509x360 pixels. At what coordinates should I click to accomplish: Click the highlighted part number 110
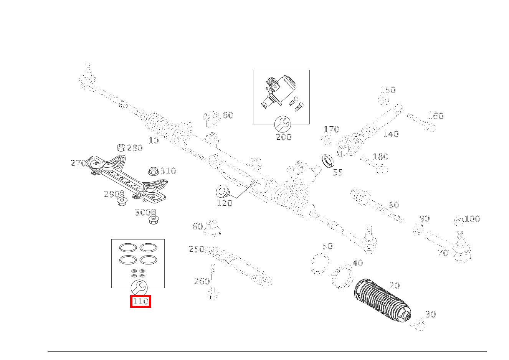[140, 302]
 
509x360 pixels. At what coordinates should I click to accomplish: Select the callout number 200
[284, 137]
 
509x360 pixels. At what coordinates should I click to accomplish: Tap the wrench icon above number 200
[283, 124]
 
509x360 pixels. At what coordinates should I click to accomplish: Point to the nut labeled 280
[121, 148]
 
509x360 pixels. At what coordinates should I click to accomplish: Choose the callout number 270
[78, 163]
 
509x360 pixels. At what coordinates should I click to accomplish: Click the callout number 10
[154, 141]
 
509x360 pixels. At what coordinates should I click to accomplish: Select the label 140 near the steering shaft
[391, 134]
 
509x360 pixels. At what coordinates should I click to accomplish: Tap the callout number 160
[435, 116]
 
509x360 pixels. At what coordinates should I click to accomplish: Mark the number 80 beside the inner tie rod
[393, 205]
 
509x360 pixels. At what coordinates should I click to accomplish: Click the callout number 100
[472, 219]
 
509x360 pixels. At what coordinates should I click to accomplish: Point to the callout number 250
[196, 249]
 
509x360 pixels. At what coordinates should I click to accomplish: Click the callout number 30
[430, 315]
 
